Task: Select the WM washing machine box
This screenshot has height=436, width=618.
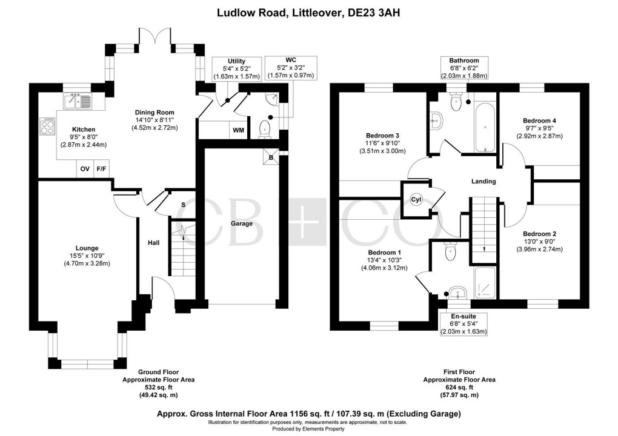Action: [239, 130]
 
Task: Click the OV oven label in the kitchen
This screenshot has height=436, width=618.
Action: [85, 170]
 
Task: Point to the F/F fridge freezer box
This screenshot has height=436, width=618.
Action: [101, 170]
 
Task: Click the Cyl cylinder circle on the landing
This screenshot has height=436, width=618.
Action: [416, 200]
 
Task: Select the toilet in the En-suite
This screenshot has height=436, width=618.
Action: [450, 251]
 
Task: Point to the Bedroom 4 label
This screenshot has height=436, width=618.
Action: [539, 121]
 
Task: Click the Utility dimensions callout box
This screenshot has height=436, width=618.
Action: [236, 69]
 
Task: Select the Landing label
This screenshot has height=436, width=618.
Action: [483, 181]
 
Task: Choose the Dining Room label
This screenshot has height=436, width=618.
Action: [154, 112]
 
